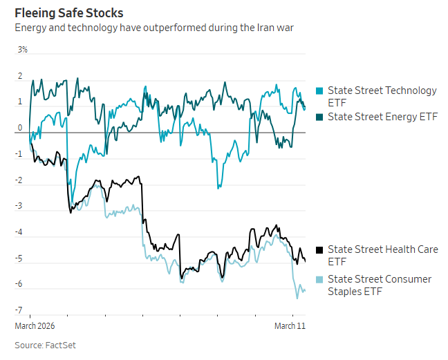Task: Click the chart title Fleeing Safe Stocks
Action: coord(69,12)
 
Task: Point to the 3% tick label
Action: coord(23,50)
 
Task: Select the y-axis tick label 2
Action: coord(20,76)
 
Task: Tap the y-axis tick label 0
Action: coord(20,128)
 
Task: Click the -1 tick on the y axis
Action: coord(19,154)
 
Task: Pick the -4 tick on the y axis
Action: coord(19,232)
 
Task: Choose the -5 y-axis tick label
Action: coord(19,258)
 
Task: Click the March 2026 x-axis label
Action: coord(35,325)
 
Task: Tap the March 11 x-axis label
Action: coord(290,325)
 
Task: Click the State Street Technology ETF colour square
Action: coord(319,91)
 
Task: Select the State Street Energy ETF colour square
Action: coord(319,117)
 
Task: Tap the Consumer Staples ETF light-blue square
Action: coord(319,280)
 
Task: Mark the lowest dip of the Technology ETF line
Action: coord(218,187)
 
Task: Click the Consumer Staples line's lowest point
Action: coord(297,298)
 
